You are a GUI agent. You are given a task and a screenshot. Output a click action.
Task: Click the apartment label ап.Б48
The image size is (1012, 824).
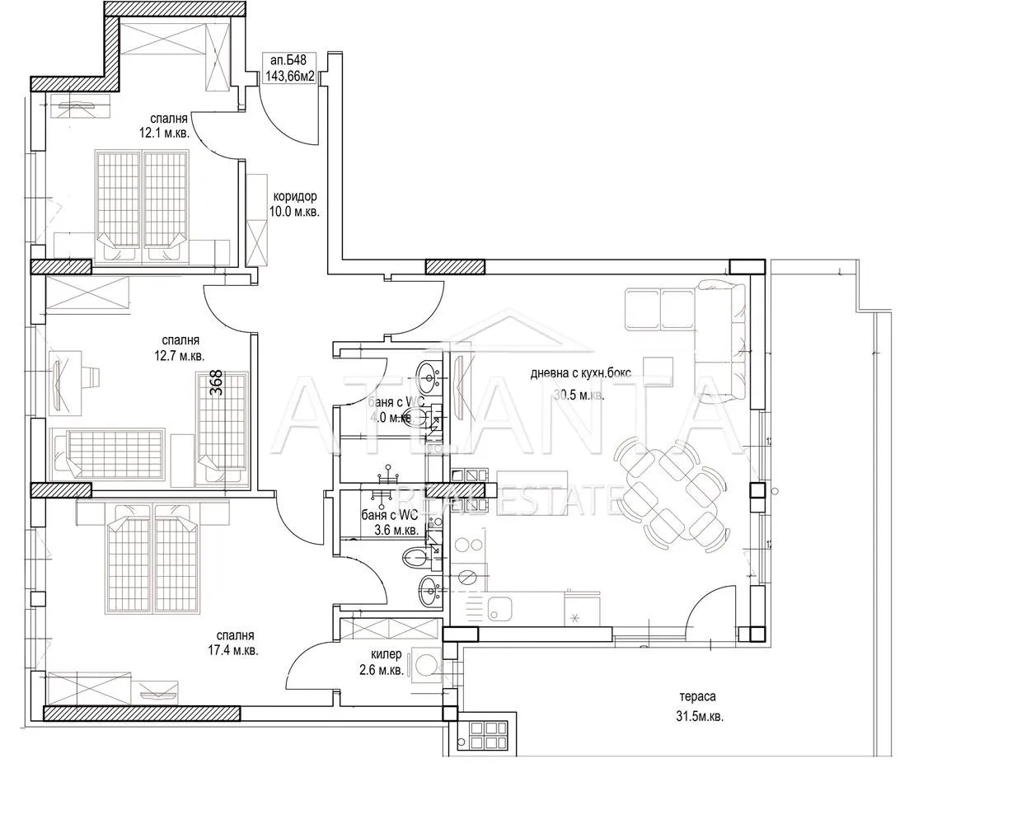point(288,60)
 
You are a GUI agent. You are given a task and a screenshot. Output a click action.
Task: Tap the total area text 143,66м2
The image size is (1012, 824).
point(290,76)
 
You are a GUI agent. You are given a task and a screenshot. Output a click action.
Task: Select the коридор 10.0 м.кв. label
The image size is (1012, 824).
point(294,204)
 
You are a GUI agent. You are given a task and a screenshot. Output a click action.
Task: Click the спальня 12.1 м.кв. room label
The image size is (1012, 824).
point(164,125)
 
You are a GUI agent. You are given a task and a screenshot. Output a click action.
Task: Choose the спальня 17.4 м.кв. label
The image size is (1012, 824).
point(233,643)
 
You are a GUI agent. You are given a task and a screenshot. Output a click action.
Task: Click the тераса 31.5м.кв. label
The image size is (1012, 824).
point(700,706)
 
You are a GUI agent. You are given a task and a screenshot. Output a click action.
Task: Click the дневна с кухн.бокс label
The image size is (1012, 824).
point(581,373)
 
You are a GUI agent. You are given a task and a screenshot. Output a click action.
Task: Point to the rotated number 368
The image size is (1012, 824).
point(217,382)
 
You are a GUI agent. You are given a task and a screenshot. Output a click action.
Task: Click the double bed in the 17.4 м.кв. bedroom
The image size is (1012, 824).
point(152,558)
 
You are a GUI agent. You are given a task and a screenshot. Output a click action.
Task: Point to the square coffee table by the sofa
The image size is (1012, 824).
point(658,372)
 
